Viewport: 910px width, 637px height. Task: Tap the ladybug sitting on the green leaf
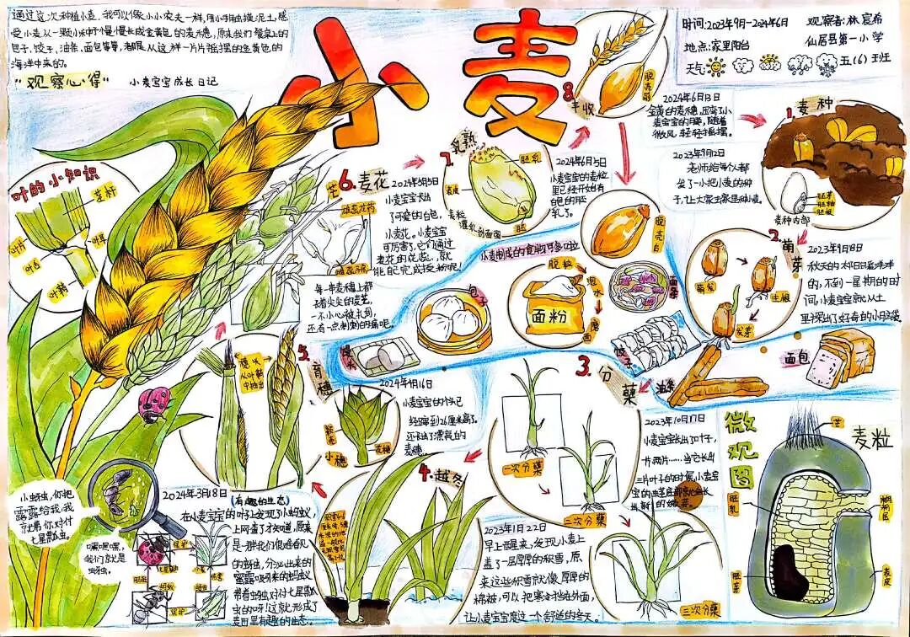154,403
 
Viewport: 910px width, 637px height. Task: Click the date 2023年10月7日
677,420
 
